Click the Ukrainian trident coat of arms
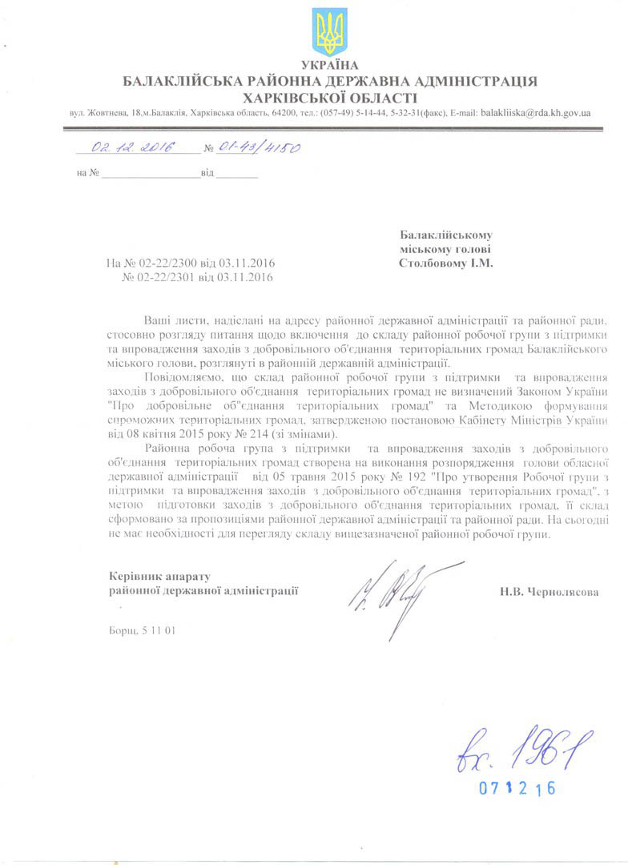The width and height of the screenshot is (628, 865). (x=329, y=31)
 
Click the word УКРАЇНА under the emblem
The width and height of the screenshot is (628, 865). (x=329, y=65)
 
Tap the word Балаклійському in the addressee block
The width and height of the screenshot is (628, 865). (x=445, y=235)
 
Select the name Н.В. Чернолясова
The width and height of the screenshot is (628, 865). (x=548, y=593)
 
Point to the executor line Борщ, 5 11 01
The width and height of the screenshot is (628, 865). (x=142, y=630)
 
